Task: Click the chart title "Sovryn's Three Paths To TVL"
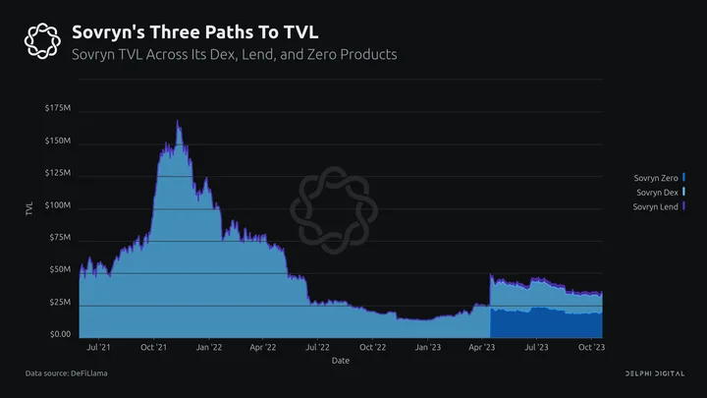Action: pyautogui.click(x=194, y=32)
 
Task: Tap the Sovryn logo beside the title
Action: pyautogui.click(x=42, y=41)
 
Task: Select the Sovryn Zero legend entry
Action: pyautogui.click(x=659, y=178)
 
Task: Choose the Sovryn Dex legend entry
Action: pyautogui.click(x=661, y=193)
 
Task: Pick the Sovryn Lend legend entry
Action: pyautogui.click(x=659, y=206)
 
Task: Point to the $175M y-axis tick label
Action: pyautogui.click(x=58, y=108)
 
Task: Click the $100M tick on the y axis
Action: pyautogui.click(x=58, y=205)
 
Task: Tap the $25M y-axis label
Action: pyautogui.click(x=60, y=302)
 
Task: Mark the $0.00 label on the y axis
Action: pyautogui.click(x=61, y=334)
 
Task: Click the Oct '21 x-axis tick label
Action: pyautogui.click(x=153, y=347)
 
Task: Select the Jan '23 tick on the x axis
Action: pyautogui.click(x=428, y=347)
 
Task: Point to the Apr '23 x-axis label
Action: pyautogui.click(x=481, y=347)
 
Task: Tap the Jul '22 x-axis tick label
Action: pyautogui.click(x=317, y=347)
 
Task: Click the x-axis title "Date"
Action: pyautogui.click(x=341, y=361)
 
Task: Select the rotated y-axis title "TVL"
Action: pyautogui.click(x=29, y=209)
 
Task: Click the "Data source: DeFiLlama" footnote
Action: pyautogui.click(x=67, y=373)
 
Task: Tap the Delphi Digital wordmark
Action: pyautogui.click(x=655, y=373)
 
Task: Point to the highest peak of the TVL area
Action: pyautogui.click(x=177, y=121)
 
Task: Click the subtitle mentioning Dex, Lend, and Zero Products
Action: pyautogui.click(x=235, y=55)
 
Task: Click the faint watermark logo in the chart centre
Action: pyautogui.click(x=334, y=210)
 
